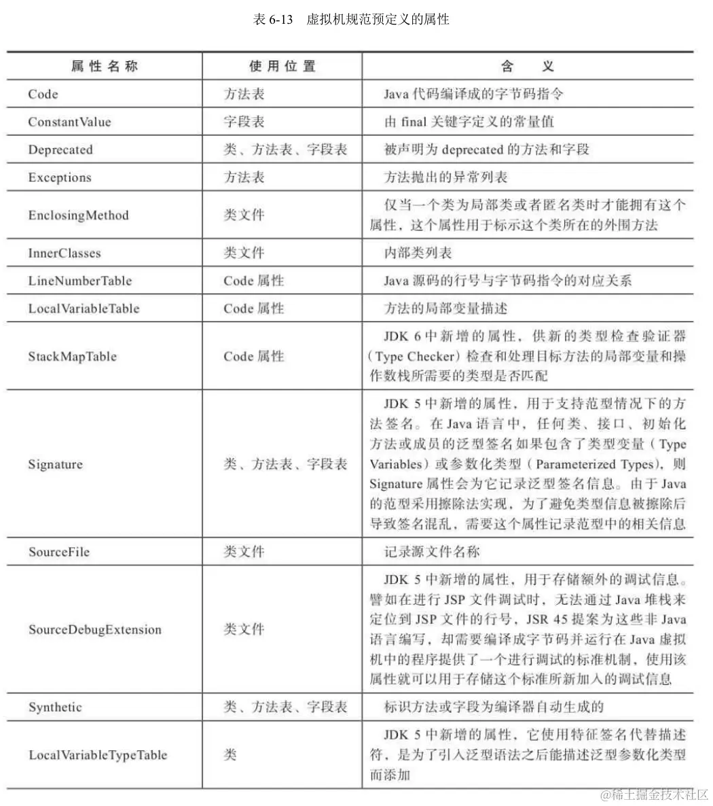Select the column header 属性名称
pos(105,66)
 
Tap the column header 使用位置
pos(282,66)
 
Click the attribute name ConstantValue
pos(69,122)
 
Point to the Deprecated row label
pos(60,150)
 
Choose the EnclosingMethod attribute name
pos(78,215)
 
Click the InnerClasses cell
pos(64,253)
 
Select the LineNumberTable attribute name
pos(80,281)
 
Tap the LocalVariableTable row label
pos(84,309)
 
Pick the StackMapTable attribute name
pos(72,356)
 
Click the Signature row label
pos(55,465)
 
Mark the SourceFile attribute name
pos(59,552)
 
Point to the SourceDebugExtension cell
pos(95,629)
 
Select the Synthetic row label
pos(55,707)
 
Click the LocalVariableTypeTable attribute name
pos(98,755)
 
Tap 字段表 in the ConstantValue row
pos(244,122)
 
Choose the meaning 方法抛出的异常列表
pos(445,178)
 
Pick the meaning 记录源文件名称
pos(432,552)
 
